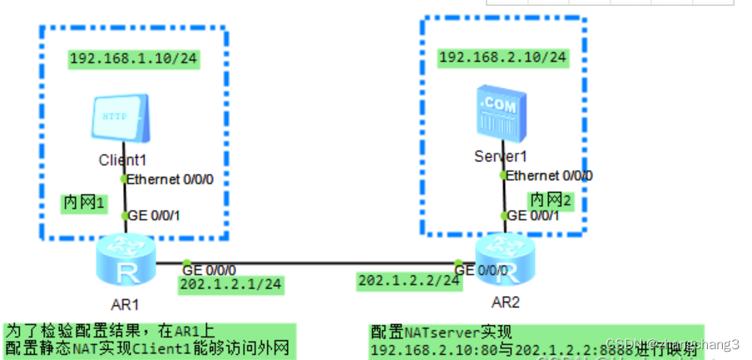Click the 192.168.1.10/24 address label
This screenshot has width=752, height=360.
(x=133, y=59)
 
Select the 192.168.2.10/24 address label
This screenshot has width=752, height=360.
(x=502, y=57)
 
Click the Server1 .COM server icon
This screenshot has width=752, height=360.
(x=499, y=111)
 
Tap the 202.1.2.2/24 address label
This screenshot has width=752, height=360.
(x=408, y=280)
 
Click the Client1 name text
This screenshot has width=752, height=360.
(x=122, y=160)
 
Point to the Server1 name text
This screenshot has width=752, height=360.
(x=501, y=155)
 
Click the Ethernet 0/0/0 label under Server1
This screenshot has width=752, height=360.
(x=549, y=175)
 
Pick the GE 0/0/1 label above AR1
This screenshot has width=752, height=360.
(x=154, y=215)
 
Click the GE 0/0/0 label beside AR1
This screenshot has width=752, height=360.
(x=210, y=269)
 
